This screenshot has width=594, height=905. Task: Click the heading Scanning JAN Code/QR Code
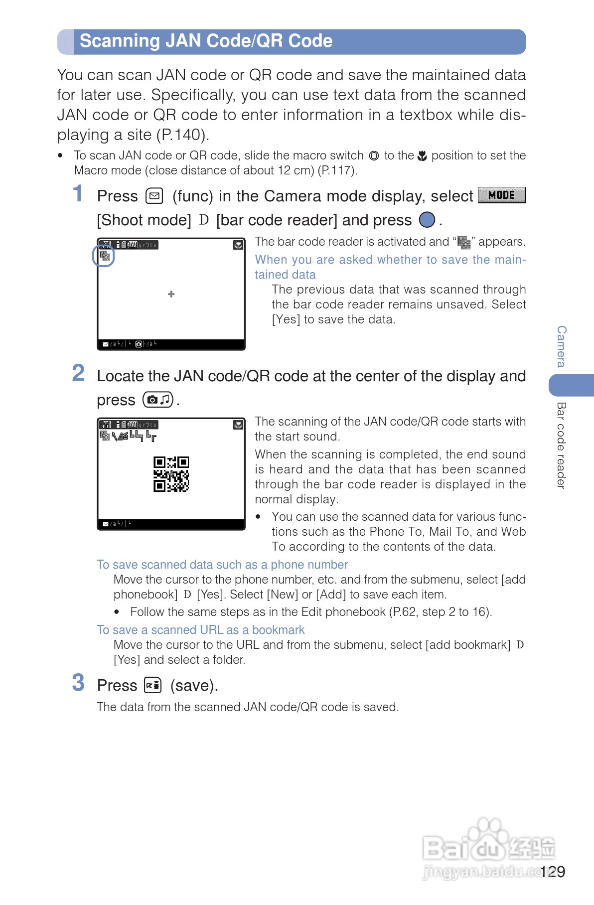click(x=206, y=41)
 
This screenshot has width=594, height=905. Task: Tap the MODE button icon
click(x=501, y=195)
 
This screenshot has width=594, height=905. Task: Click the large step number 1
click(x=78, y=194)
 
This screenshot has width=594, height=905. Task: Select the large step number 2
click(x=78, y=373)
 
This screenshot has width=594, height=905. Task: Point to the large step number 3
click(x=78, y=683)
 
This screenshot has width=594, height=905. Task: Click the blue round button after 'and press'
click(x=427, y=220)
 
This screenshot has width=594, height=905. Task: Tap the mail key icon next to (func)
click(x=154, y=196)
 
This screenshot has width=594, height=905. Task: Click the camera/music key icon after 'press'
click(x=158, y=400)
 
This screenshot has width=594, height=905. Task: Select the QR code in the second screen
click(x=171, y=474)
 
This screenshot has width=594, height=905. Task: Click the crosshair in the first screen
click(x=171, y=294)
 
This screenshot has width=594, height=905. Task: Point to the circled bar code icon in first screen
click(x=104, y=256)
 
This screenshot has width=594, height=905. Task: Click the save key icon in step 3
click(x=152, y=685)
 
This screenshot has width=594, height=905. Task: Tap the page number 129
click(x=552, y=872)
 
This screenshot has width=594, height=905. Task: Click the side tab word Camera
click(x=562, y=346)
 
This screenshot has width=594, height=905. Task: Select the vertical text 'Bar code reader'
click(x=562, y=445)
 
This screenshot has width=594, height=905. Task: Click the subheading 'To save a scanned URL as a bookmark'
click(x=201, y=630)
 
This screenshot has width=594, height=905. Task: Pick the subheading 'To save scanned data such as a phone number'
click(x=222, y=565)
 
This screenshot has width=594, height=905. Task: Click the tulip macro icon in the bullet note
click(x=422, y=156)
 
